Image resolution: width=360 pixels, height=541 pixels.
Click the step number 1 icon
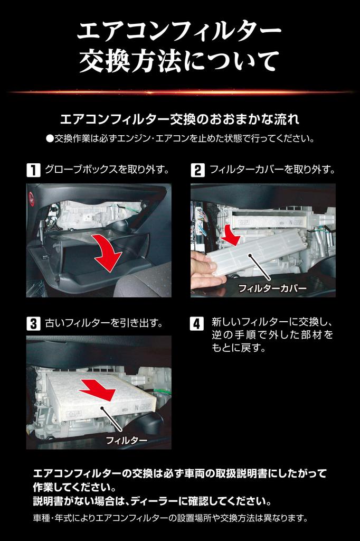pos(33,171)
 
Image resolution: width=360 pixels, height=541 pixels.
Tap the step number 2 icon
pos(197,171)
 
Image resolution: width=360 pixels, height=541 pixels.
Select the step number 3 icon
pos(33,324)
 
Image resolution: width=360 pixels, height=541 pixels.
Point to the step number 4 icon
pos(196,324)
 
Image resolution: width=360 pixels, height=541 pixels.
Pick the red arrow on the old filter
pos(98,390)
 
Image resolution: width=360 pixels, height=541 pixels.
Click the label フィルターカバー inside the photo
pos(272,288)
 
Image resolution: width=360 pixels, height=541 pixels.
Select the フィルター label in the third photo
pos(127,440)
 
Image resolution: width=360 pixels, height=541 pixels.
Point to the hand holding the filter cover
pos(206,268)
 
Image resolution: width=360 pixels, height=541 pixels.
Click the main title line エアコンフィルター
pos(179,32)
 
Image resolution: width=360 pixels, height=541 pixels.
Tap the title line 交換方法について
pos(179,62)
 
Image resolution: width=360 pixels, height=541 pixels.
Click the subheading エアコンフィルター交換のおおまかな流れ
pos(179,119)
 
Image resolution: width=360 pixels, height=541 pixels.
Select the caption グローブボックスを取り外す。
pos(107,170)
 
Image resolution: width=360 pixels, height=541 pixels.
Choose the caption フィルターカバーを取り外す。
pos(272,170)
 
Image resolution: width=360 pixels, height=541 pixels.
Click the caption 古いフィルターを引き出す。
pos(104,323)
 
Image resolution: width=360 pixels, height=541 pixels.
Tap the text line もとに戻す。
pos(239,348)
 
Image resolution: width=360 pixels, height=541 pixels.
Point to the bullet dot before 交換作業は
pos(50,139)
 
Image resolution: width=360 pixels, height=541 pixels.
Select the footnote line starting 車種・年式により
pos(170,518)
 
